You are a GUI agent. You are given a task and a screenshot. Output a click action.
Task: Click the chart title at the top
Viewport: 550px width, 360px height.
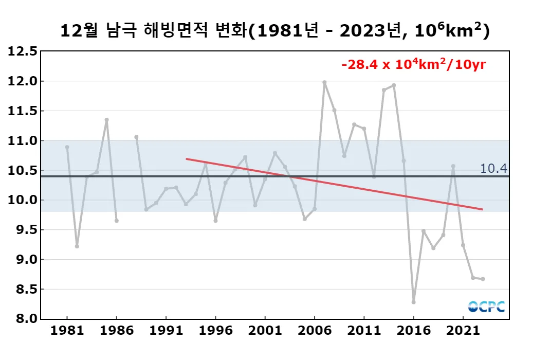click(275, 30)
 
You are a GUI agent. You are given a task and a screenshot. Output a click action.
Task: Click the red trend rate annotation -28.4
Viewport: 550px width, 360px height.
click(414, 65)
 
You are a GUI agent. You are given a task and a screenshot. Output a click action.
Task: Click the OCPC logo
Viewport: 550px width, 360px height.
click(486, 307)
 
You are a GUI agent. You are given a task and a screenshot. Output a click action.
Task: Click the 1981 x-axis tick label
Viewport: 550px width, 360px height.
click(67, 331)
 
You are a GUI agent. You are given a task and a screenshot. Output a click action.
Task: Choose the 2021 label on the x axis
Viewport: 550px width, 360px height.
click(463, 331)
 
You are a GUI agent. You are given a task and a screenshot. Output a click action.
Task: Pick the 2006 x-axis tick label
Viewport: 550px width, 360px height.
click(314, 331)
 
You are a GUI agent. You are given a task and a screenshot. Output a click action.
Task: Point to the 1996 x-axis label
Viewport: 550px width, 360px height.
click(215, 331)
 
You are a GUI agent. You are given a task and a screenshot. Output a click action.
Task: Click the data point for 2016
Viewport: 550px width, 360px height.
click(413, 302)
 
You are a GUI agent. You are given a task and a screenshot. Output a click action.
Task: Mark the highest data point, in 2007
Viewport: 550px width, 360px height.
click(324, 82)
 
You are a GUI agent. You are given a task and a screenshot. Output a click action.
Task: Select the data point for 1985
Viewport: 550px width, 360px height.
click(106, 120)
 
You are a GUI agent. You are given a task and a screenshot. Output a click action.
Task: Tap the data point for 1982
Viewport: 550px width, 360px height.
click(77, 246)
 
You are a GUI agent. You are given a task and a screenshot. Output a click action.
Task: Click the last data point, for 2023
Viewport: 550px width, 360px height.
click(483, 279)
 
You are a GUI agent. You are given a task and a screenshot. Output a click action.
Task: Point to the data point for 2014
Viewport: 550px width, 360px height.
click(394, 85)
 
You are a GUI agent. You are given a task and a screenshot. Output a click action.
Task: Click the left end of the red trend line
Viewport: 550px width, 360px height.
click(186, 159)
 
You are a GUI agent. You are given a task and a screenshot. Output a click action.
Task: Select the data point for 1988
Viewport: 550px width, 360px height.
click(136, 137)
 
